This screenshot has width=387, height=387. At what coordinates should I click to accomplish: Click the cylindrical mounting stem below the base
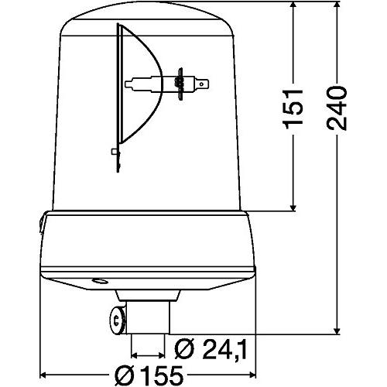pyautogui.click(x=147, y=313)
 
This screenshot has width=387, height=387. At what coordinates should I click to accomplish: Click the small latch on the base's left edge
pyautogui.click(x=38, y=224)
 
